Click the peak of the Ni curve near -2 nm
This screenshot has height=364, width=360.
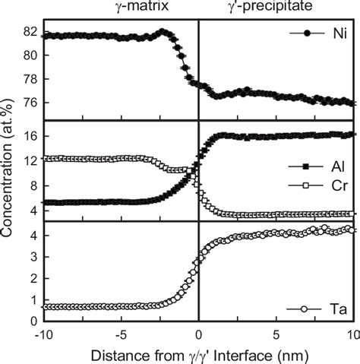[x=163, y=32]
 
